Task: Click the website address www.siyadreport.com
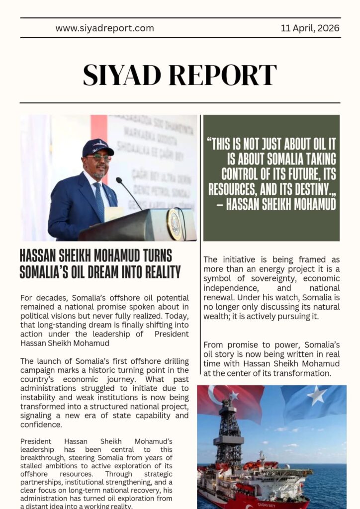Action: [x=104, y=28]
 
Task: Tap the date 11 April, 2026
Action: [x=310, y=28]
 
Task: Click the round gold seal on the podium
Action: [x=174, y=224]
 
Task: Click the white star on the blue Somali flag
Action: [x=316, y=396]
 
